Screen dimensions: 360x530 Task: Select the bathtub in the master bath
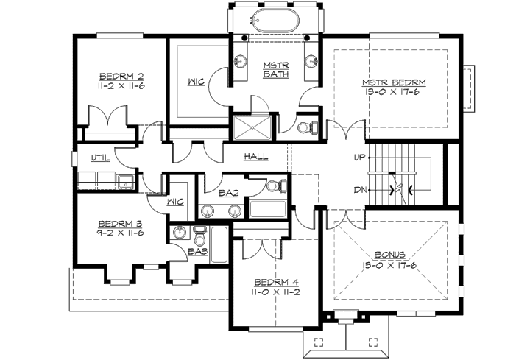[276, 20]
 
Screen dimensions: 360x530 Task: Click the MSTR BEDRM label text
[393, 82]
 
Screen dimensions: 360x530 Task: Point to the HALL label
[255, 157]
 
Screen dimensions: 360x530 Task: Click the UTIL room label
[101, 158]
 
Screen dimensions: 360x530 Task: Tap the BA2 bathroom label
[227, 194]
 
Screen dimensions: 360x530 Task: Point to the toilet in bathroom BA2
[273, 186]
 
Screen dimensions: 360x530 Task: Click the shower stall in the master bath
[252, 127]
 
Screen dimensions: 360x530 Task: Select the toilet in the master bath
[308, 127]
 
